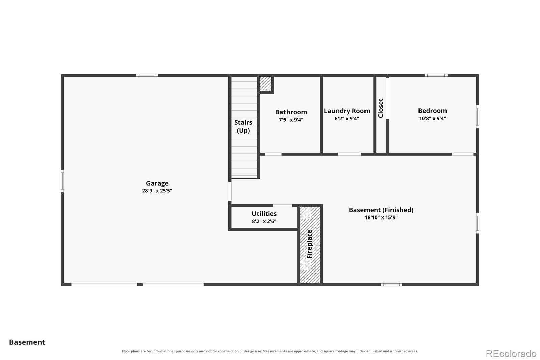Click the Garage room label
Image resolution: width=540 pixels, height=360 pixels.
(157, 184)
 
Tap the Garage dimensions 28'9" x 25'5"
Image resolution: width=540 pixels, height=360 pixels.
(157, 191)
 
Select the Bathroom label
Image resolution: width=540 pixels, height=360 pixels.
(291, 112)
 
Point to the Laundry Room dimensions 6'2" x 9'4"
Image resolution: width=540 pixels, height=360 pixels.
(347, 119)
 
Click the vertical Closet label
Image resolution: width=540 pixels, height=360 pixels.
(381, 108)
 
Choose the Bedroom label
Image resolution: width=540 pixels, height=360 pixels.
(432, 111)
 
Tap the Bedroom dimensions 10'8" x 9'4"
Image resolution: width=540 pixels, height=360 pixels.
(432, 118)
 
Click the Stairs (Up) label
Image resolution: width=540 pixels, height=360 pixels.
(243, 126)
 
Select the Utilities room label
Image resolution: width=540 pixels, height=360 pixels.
(264, 214)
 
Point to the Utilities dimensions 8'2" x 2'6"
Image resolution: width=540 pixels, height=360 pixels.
(264, 221)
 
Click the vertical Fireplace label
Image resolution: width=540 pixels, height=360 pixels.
(309, 244)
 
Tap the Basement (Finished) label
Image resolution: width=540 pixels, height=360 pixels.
(381, 210)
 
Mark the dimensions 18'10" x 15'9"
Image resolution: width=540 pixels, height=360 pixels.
(381, 217)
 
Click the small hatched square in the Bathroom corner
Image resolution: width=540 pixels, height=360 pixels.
(266, 84)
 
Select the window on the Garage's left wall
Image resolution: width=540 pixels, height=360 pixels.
(62, 181)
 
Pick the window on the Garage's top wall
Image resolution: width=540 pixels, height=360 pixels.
(147, 75)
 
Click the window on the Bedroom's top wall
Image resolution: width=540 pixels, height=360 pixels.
(436, 75)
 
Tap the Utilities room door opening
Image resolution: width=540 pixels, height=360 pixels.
(282, 206)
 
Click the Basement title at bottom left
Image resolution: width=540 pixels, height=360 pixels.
(27, 342)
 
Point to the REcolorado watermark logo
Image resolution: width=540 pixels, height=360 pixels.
(511, 354)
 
